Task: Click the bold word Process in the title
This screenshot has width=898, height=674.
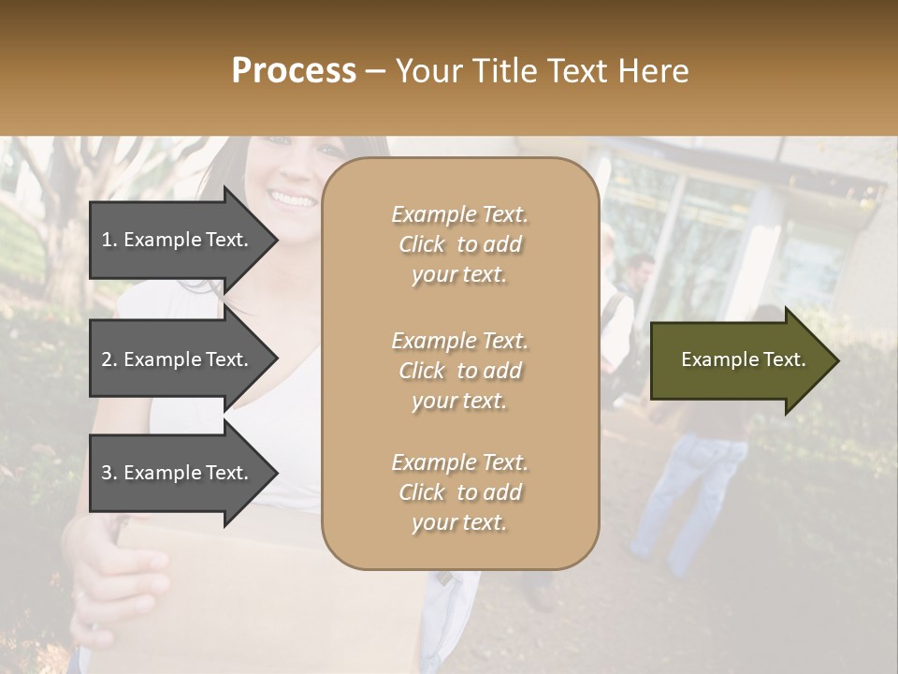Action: point(294,71)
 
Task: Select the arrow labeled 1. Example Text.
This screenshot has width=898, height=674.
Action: point(178,240)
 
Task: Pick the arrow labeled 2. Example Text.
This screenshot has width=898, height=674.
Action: point(178,359)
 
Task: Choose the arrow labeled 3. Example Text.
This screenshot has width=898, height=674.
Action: point(178,473)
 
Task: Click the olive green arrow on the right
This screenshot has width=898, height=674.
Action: point(739,360)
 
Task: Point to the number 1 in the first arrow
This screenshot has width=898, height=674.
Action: point(107,240)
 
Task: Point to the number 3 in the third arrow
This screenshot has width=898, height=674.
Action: point(107,473)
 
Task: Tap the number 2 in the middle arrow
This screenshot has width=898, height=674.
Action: point(107,359)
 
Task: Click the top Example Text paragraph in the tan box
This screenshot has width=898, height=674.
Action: point(459,244)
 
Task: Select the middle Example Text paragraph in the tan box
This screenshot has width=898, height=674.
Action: point(459,371)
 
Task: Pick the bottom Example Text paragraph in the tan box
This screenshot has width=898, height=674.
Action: point(459,492)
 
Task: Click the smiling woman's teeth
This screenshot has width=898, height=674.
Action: point(294,199)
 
